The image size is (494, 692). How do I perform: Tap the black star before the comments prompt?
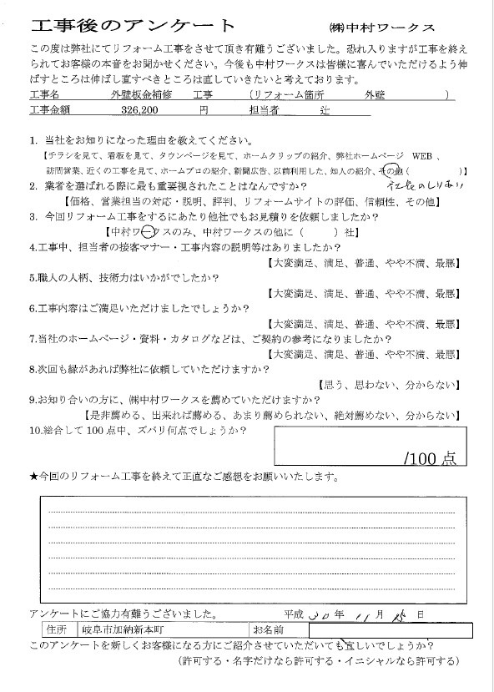(33, 477)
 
